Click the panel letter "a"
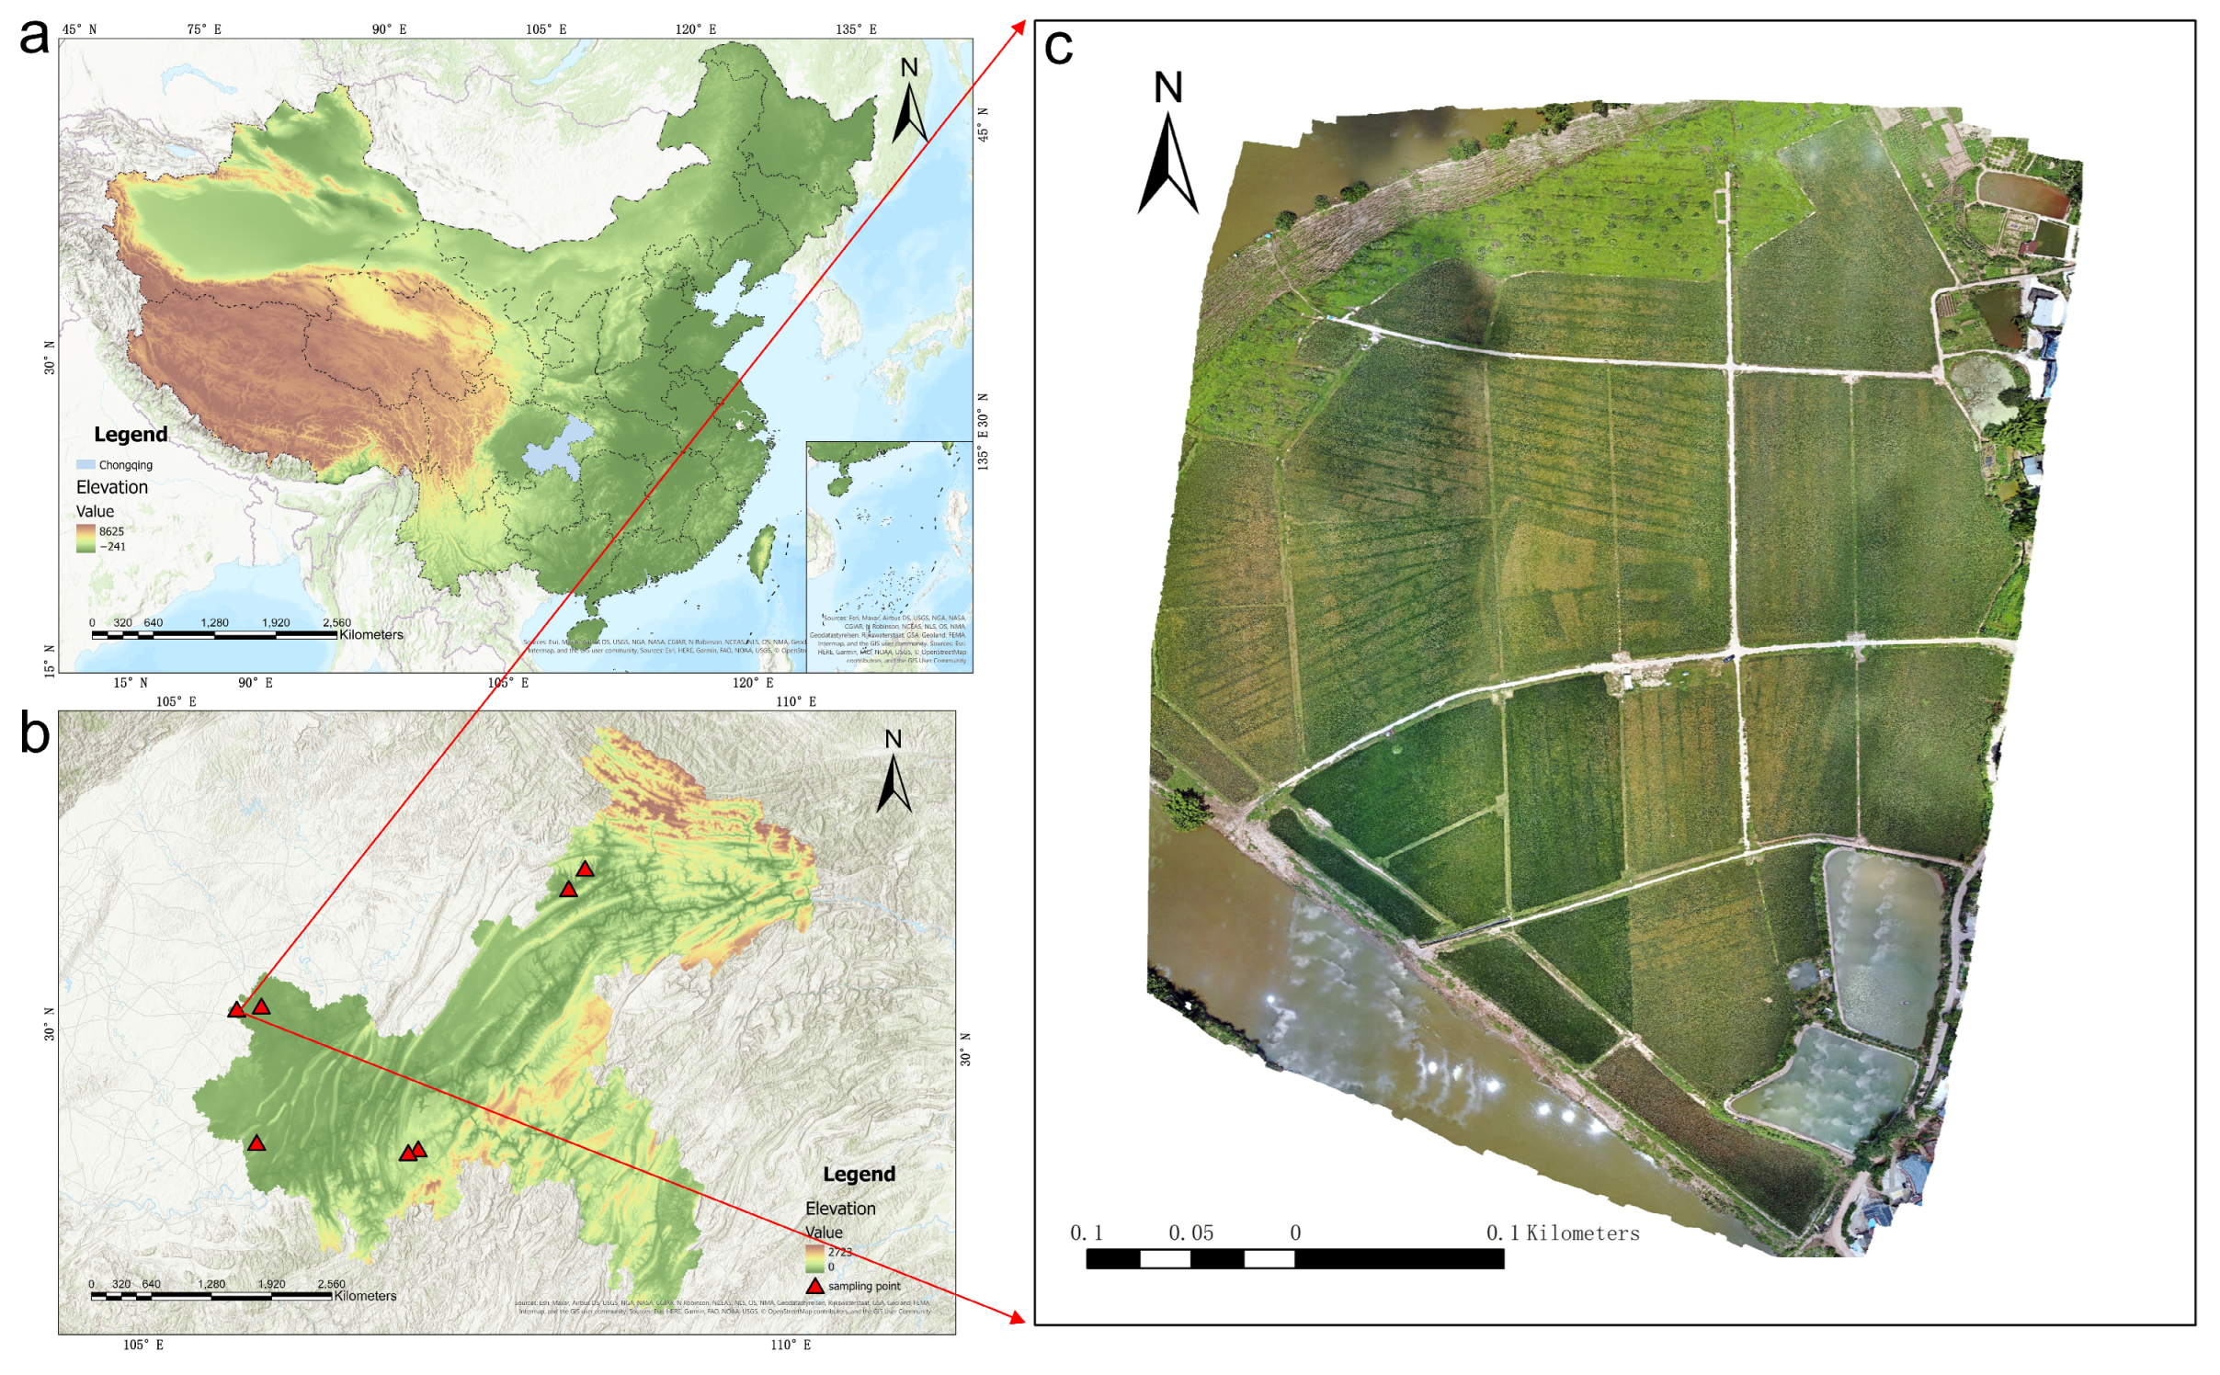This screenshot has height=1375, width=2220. pos(34,39)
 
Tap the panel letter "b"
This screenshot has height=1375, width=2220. pos(35,735)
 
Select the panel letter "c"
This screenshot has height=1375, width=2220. pos(1058,48)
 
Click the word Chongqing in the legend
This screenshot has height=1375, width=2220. pos(125,465)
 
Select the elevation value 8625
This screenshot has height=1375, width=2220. pos(111,531)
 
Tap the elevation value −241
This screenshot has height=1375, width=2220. pos(112,547)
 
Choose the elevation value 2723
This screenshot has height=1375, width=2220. pos(839,1252)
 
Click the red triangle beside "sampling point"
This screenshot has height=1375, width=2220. pos(814,1286)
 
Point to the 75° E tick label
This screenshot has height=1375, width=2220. pos(204,29)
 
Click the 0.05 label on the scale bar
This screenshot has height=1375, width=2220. pos(1190,1233)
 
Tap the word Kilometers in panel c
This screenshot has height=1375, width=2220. pos(1582,1233)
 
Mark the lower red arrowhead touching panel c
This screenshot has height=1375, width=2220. pos(1017,1318)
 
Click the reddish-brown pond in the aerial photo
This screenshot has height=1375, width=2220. pos(2021,192)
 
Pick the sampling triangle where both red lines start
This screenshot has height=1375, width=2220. pos(237,1009)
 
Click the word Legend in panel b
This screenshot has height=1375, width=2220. pos(859,1175)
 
